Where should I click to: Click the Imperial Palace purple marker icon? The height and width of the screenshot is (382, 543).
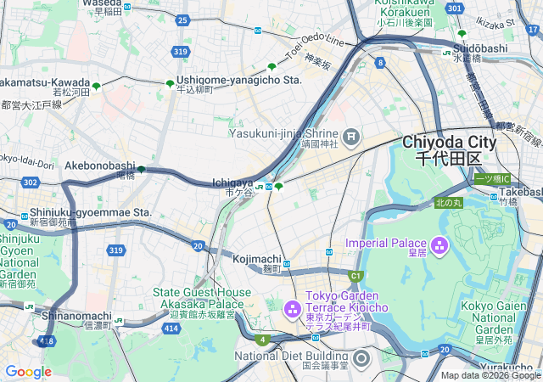439,247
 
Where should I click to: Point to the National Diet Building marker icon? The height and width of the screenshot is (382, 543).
361,359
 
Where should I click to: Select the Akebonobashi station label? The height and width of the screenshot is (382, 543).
99,166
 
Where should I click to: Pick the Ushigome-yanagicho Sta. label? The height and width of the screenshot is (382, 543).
239,79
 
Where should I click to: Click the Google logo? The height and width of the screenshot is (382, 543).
28,372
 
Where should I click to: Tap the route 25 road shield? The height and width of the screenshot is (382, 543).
182,20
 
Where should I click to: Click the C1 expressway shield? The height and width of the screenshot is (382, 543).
355,275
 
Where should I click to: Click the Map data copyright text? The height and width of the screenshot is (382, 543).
490,375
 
